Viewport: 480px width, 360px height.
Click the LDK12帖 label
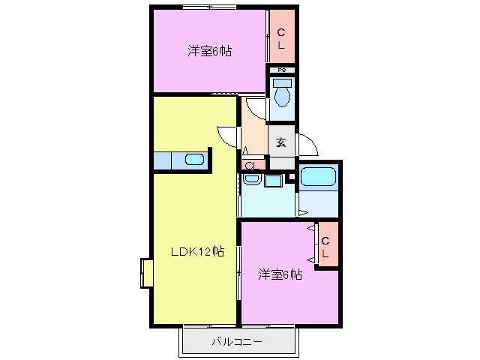(x=196, y=251)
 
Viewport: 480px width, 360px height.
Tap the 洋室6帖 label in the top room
(x=209, y=52)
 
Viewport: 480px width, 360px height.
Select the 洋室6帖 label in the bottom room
(x=280, y=274)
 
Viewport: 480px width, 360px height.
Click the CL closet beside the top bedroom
(x=281, y=38)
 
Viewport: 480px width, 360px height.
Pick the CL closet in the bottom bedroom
(x=326, y=247)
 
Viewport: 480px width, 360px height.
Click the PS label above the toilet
(x=282, y=70)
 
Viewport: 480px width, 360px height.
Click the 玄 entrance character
(x=281, y=142)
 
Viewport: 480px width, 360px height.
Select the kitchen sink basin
(x=193, y=160)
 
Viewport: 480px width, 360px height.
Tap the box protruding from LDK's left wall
(x=146, y=272)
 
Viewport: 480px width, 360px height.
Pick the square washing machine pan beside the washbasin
(x=272, y=181)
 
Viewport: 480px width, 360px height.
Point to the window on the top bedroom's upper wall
(x=209, y=7)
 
